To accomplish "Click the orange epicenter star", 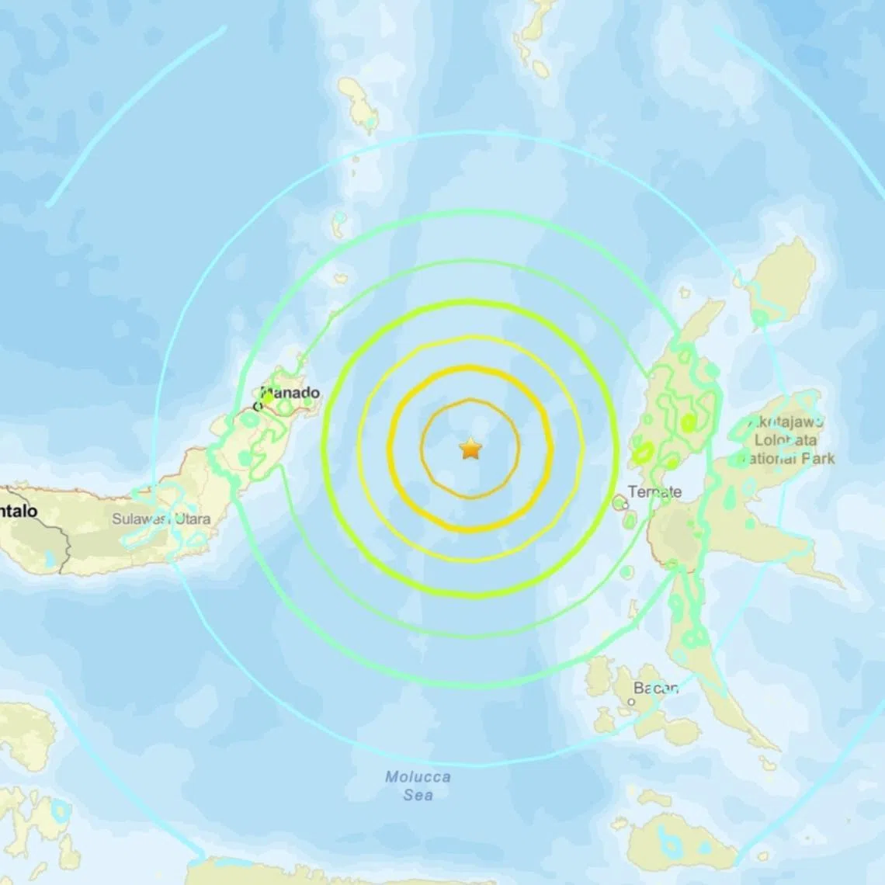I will click(470, 449).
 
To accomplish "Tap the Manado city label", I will click(290, 394).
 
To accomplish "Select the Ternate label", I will click(654, 491).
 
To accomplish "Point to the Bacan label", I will click(656, 688).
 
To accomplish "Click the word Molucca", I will click(418, 777).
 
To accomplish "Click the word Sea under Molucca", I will click(418, 795).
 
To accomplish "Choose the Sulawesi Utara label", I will click(161, 519).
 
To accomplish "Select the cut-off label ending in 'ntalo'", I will click(19, 512).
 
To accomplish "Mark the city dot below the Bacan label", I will click(632, 702).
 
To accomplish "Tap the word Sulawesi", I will click(141, 519).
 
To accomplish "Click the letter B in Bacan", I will click(638, 688).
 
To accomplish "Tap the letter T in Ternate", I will click(632, 491).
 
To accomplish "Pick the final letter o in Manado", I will click(314, 394).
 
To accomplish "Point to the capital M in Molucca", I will click(393, 777).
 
